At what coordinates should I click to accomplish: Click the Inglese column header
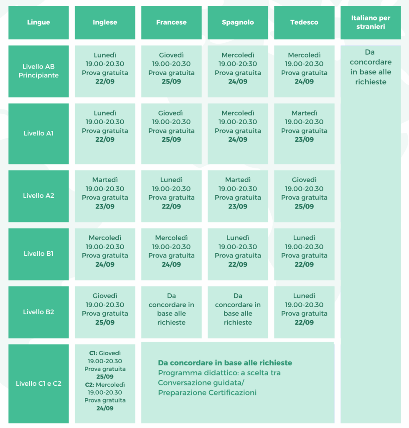105,23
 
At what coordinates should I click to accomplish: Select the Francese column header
171,23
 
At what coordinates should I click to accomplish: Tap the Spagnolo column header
238,23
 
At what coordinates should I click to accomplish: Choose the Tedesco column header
304,23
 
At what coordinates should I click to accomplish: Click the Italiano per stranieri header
371,23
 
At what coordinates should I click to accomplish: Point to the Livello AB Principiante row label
38,71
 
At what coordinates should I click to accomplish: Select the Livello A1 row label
38,134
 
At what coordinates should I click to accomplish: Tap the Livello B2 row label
38,312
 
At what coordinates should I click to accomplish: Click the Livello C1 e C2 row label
38,384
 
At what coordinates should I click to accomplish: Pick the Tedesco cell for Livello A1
304,134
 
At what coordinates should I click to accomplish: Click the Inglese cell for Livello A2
105,196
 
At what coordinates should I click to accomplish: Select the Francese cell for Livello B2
171,312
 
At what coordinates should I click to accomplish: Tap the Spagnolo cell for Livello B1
238,254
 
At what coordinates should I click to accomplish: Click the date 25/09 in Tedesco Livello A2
304,206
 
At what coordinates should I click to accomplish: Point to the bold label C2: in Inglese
90,385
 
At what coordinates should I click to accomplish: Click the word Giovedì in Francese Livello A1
171,113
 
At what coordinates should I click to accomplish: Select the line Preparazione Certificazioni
207,393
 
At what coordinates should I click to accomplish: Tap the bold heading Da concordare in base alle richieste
225,363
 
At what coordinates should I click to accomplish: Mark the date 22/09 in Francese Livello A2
171,206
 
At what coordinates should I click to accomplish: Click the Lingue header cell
38,23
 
